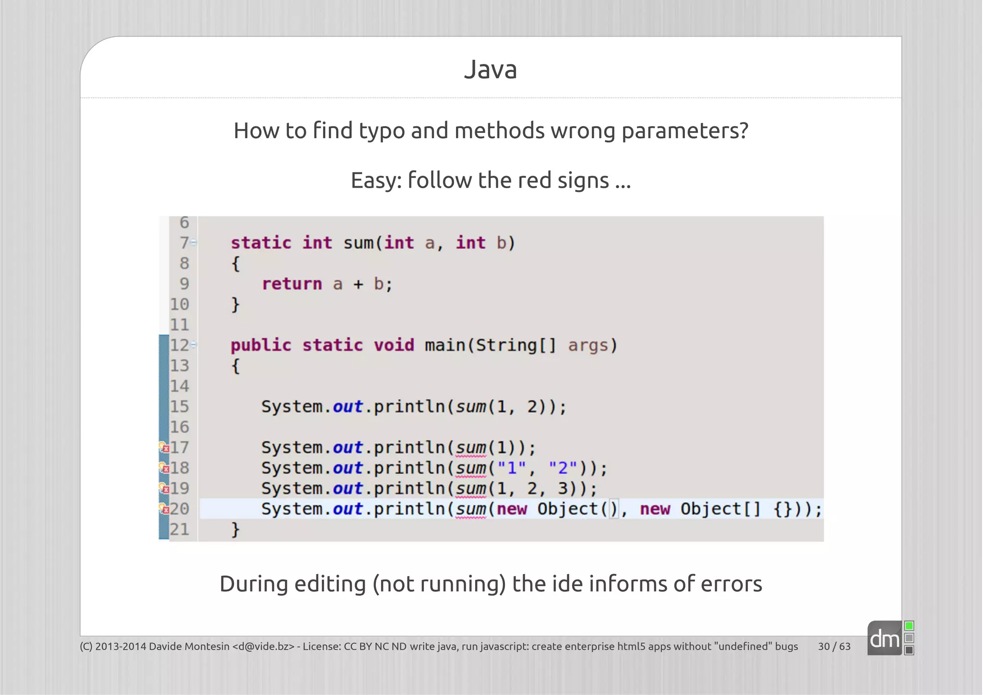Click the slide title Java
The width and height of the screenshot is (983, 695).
pos(491,70)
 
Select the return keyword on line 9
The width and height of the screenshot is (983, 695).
pos(292,284)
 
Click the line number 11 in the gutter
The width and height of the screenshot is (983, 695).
pos(180,325)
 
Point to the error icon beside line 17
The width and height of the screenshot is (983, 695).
pos(164,448)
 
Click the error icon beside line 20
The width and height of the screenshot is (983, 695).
pos(164,509)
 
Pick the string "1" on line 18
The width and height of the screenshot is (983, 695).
pos(512,468)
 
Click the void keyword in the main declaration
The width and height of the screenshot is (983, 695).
pos(394,346)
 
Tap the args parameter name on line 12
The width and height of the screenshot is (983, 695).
pos(588,346)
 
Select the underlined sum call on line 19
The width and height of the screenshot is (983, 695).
pos(471,489)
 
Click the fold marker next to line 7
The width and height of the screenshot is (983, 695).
pos(193,243)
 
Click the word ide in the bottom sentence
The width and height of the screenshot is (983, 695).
pos(566,584)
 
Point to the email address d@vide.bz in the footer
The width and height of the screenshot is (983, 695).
pos(263,647)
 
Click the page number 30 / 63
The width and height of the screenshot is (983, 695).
pos(834,647)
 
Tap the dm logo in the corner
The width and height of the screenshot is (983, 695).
pos(885,639)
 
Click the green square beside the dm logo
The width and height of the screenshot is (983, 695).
pos(909,626)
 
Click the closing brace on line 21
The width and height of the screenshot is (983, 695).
pos(235,530)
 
